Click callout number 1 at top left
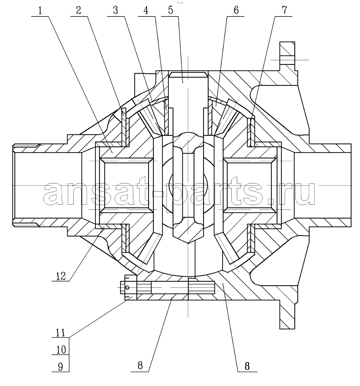40,10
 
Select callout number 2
79,10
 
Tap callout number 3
115,10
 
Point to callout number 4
146,10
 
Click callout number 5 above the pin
171,10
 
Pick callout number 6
236,10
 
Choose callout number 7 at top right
284,10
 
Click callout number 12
61,276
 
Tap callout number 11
60,332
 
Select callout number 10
61,350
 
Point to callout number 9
61,367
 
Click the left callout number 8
140,366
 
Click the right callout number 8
247,366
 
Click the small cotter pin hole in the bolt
127,287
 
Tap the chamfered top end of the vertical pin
188,74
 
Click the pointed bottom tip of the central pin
188,243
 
